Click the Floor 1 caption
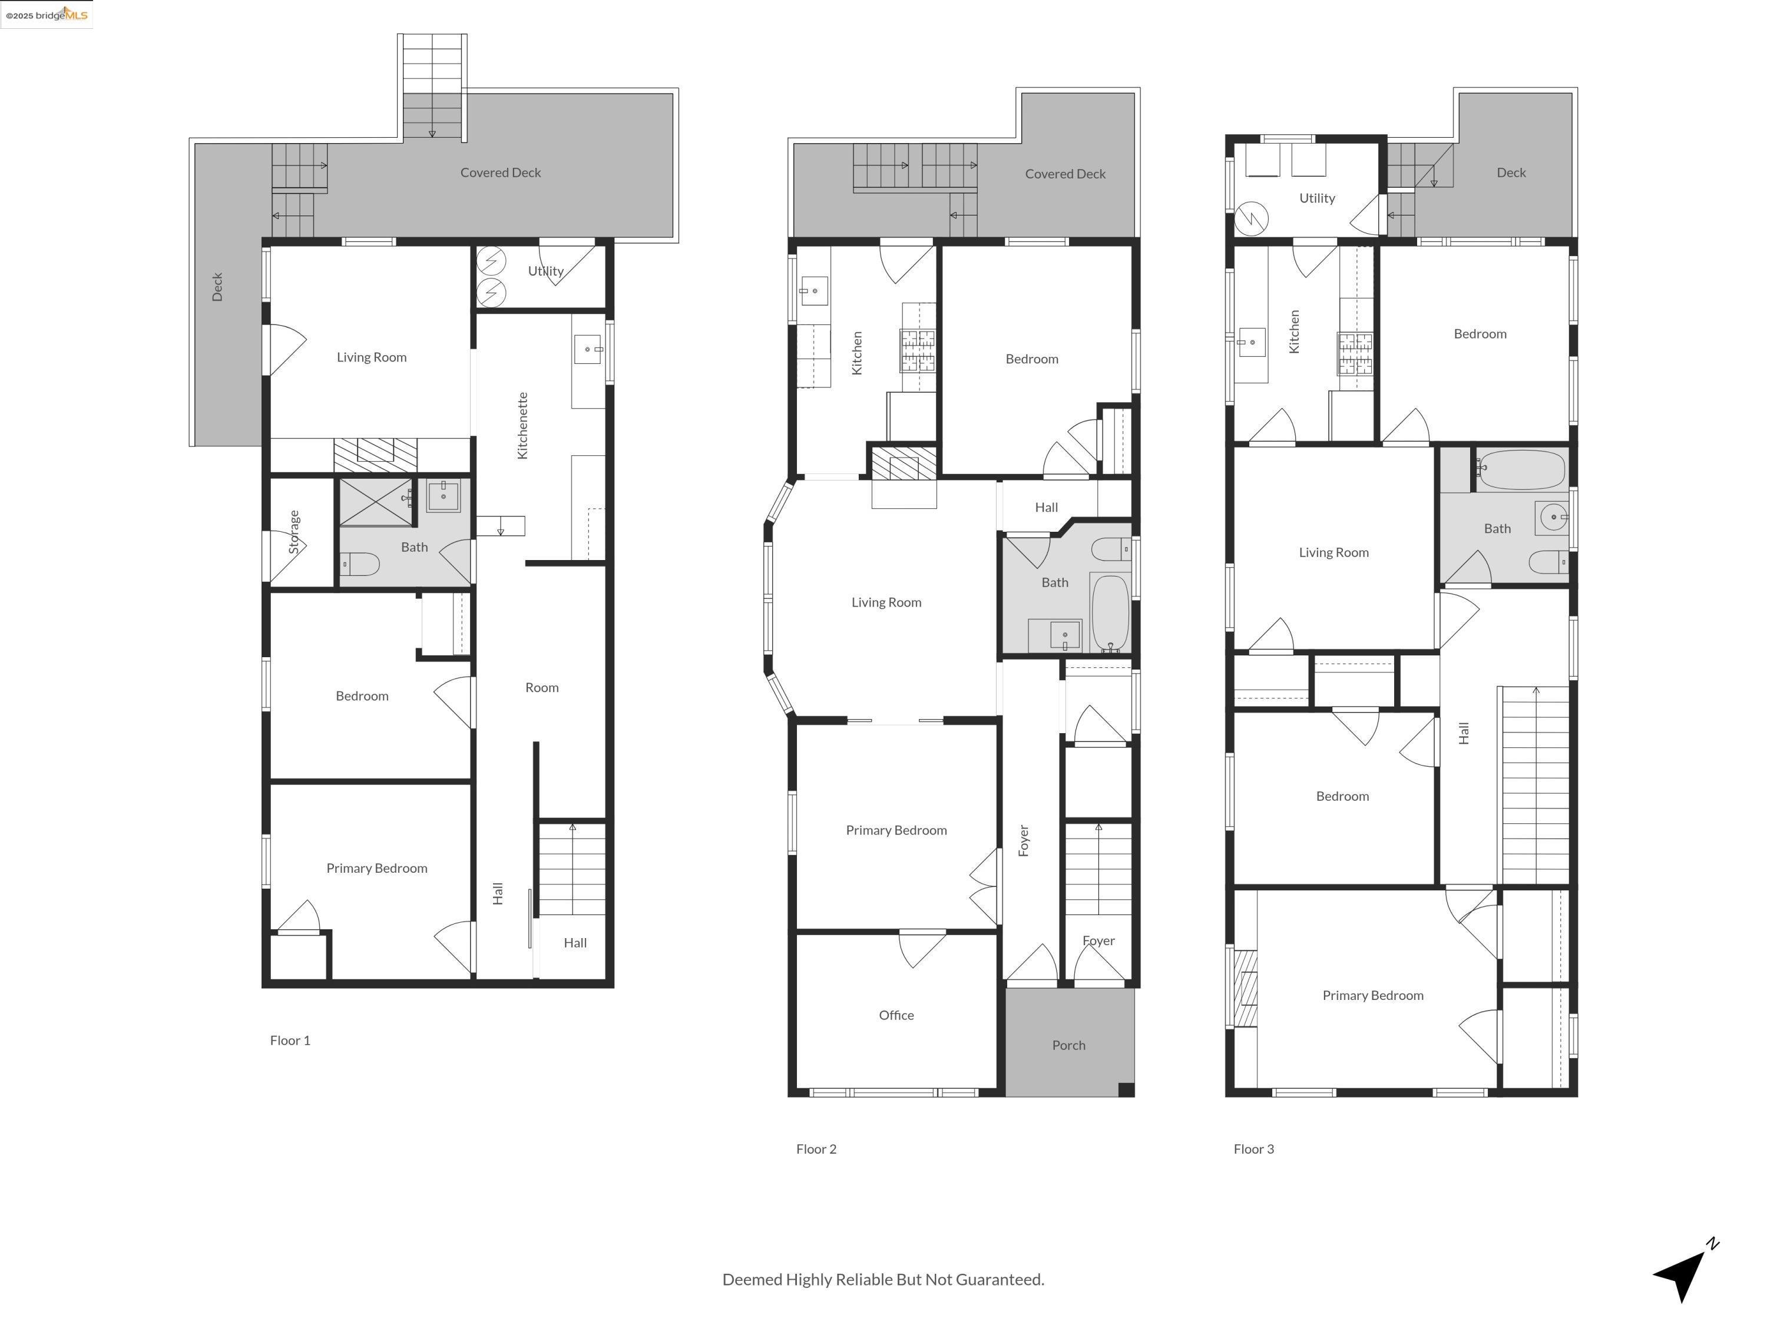pos(290,1040)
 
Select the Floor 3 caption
pos(1253,1148)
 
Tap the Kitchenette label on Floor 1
pos(522,425)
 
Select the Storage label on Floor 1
pos(294,532)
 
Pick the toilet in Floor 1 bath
pos(360,565)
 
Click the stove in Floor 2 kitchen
pos(917,352)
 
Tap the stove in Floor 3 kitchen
pos(1355,355)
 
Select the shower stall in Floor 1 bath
pos(375,502)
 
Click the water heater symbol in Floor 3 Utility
pos(1251,217)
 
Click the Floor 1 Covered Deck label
pos(500,173)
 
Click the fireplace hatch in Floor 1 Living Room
pos(375,455)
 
